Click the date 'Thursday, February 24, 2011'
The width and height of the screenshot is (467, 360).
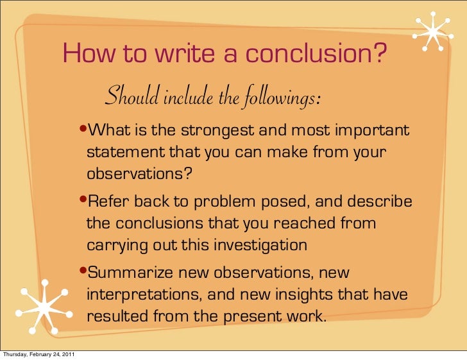point(40,356)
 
